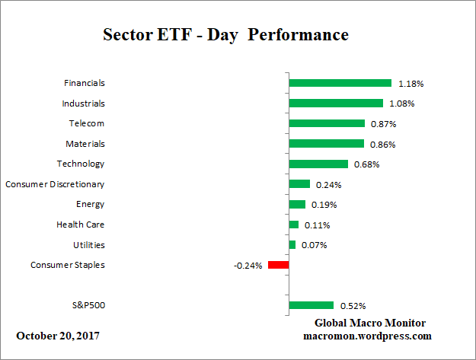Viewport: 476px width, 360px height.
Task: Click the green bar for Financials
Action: (340, 83)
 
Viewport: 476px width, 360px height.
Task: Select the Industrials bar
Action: (336, 103)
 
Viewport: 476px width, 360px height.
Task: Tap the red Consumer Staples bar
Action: (278, 265)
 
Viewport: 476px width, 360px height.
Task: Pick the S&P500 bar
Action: (311, 305)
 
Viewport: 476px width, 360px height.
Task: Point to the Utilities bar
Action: (292, 244)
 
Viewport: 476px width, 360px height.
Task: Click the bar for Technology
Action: (318, 164)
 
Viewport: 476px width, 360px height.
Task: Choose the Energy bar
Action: (297, 204)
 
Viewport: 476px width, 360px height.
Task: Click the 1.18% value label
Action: (411, 84)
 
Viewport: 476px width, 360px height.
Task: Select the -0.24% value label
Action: (248, 266)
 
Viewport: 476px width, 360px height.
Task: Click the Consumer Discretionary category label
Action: (55, 184)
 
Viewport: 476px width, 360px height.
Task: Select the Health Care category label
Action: (80, 225)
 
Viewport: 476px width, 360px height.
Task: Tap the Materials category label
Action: (85, 144)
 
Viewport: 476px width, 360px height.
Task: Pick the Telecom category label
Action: (86, 123)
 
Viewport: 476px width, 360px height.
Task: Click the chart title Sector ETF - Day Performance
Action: (225, 35)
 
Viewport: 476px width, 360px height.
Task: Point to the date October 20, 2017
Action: (57, 335)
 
